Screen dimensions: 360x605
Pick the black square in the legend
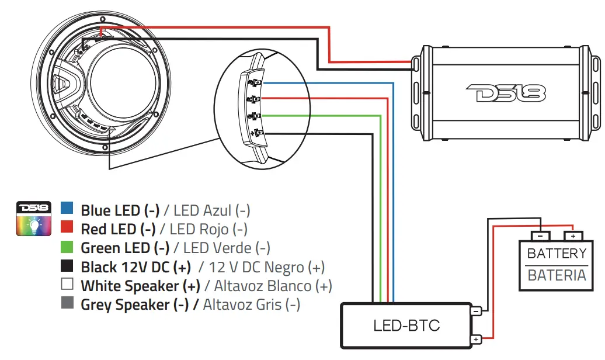click(x=67, y=266)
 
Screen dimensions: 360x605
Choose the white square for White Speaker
click(x=67, y=285)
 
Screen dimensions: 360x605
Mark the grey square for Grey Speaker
click(x=67, y=304)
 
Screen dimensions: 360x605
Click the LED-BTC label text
click(x=406, y=326)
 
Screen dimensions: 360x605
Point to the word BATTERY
click(x=557, y=254)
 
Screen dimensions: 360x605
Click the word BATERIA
click(x=557, y=275)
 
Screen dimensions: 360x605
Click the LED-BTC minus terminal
click(x=477, y=311)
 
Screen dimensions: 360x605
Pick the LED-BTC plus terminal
click(x=477, y=340)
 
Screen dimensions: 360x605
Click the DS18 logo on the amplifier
click(x=506, y=92)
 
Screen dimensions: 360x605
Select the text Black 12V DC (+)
click(x=135, y=267)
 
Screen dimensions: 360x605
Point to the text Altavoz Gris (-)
click(x=252, y=304)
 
